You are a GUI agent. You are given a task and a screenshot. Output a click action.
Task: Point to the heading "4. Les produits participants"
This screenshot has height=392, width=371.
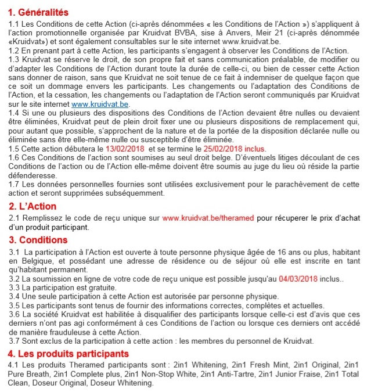(x=68, y=354)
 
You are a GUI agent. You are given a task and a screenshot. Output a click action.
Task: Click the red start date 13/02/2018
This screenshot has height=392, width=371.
(x=124, y=149)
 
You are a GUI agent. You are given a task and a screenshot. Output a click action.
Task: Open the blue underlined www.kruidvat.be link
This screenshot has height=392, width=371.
(x=100, y=104)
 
